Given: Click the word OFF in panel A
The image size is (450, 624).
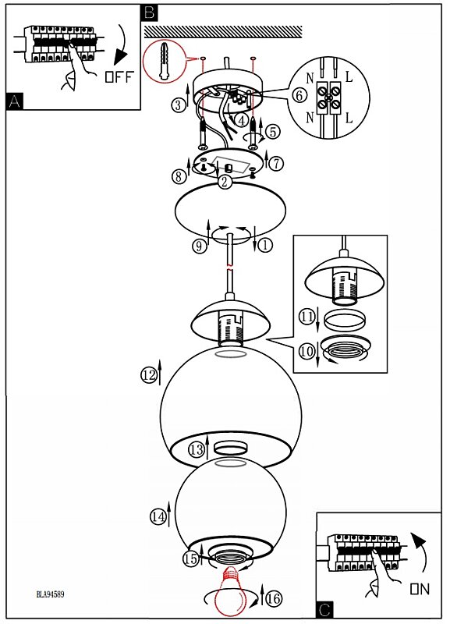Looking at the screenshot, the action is [119, 76].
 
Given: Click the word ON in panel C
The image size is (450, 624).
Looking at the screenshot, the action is [420, 589].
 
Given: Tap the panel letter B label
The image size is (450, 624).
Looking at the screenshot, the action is [149, 12].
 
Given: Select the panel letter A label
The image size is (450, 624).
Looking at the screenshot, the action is [15, 101].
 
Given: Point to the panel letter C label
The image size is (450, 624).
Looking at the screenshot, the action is [324, 610].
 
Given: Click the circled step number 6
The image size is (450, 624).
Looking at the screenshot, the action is [299, 95].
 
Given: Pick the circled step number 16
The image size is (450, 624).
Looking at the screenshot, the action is [273, 598].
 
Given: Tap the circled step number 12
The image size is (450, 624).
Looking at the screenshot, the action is [149, 374].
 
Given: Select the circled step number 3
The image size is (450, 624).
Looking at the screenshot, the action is [179, 105].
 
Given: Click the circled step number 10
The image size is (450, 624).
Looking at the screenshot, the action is [306, 351].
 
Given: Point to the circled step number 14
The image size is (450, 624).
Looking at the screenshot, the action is [158, 516].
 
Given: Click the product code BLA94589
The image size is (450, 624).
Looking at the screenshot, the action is [50, 594].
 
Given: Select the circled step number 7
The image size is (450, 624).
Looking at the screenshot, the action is [276, 163].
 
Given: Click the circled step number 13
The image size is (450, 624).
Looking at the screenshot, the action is [197, 450].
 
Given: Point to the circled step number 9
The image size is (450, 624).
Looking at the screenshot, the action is [200, 246].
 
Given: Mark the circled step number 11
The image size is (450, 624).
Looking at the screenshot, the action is [306, 317].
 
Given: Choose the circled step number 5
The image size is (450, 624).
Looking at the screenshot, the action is [272, 131].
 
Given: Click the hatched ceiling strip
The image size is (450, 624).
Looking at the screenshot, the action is [223, 32].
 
